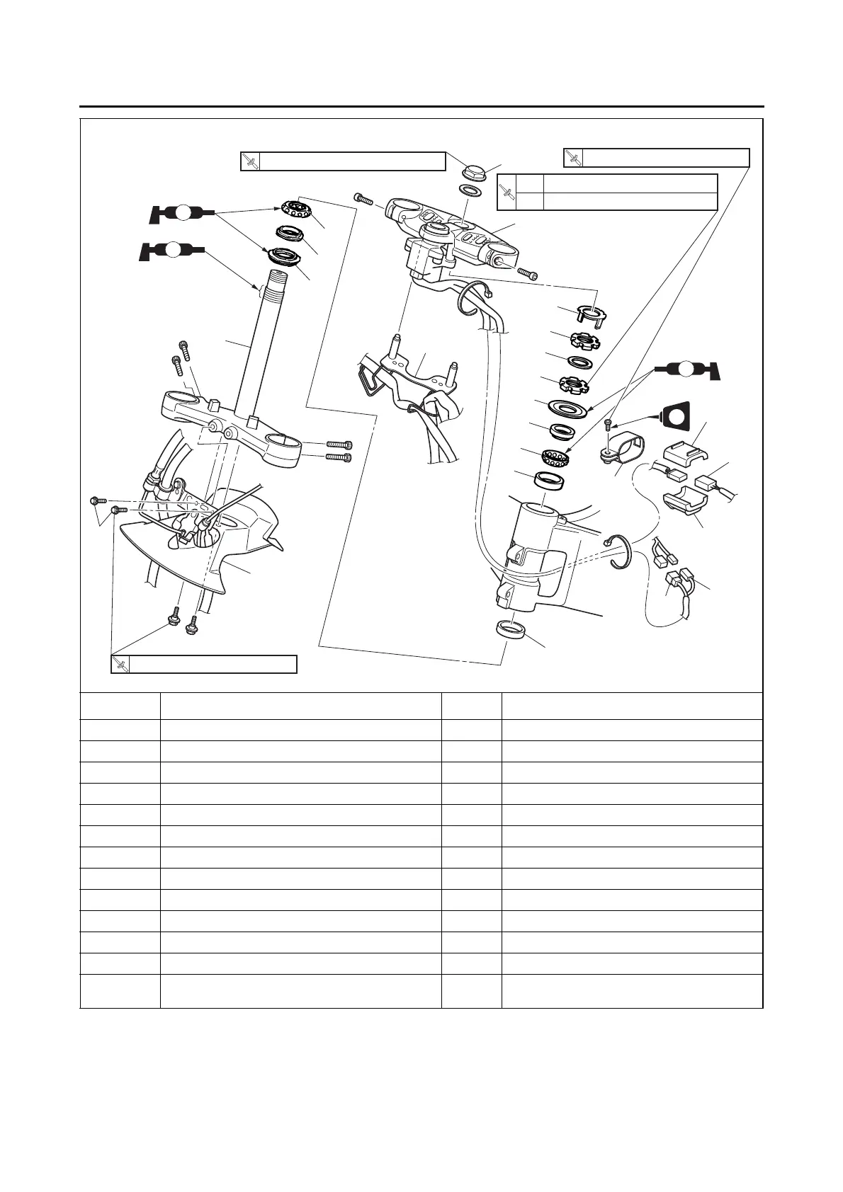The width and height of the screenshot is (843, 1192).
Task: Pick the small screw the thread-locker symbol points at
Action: tap(608, 425)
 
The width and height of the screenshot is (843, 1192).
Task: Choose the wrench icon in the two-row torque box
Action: tap(507, 192)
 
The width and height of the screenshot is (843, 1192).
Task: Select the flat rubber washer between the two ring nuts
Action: tap(580, 362)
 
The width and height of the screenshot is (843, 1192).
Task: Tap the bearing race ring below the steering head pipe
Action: tap(510, 629)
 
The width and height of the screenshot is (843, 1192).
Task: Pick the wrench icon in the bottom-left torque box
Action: tap(121, 665)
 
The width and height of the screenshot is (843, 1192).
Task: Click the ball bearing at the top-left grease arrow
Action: tap(297, 210)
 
